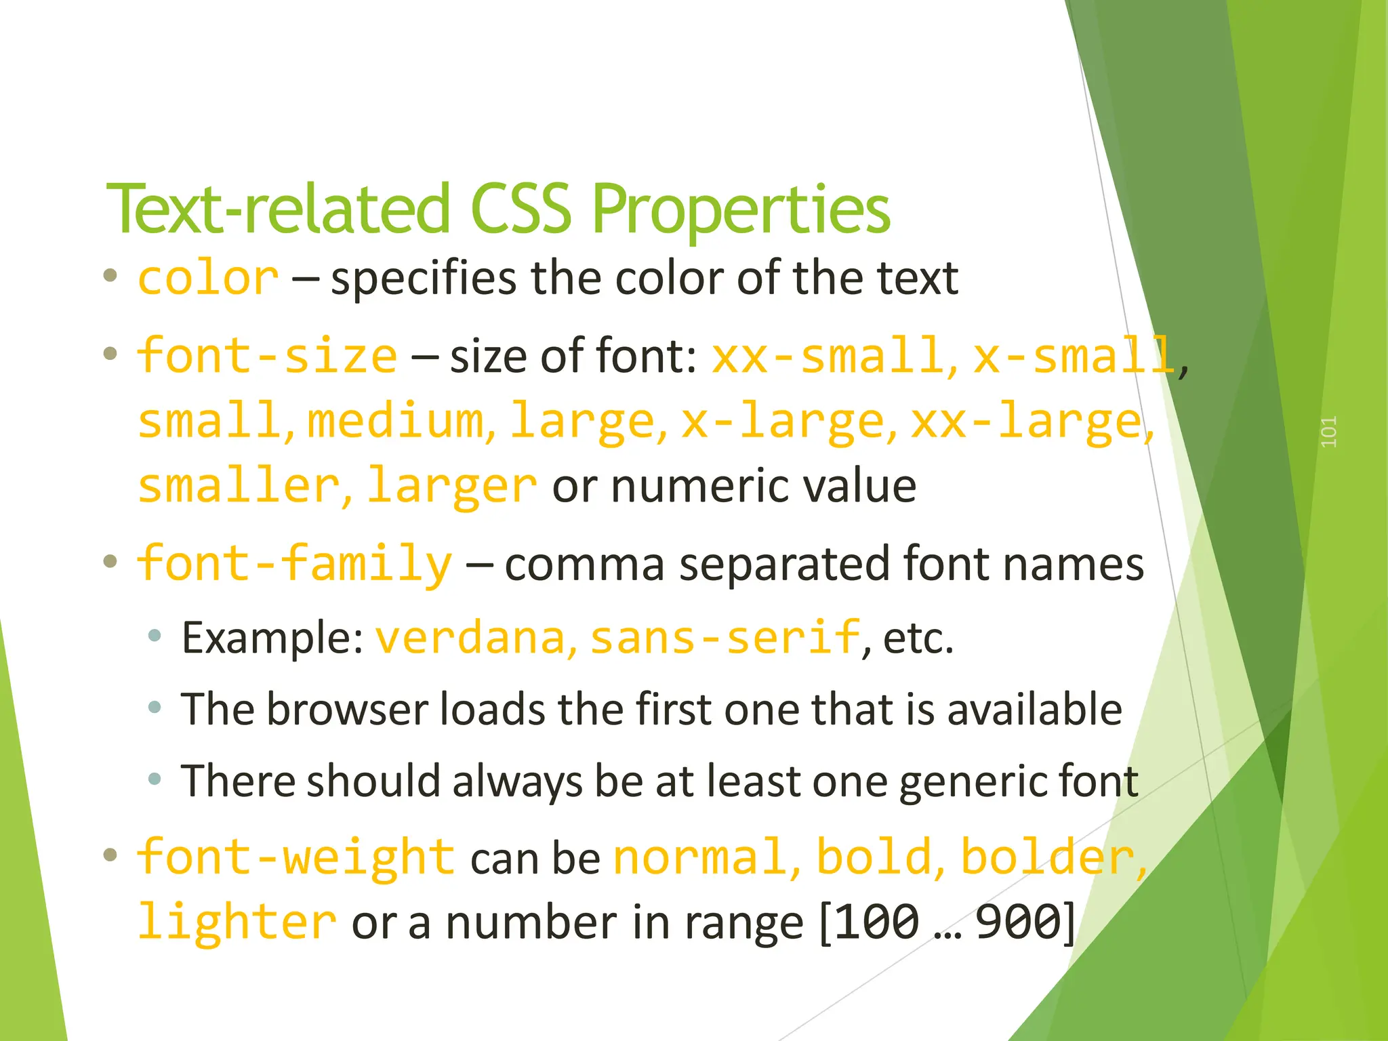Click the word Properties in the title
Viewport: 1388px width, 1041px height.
click(741, 210)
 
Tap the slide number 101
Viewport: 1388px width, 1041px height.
click(1328, 432)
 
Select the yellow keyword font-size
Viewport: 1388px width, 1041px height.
click(267, 356)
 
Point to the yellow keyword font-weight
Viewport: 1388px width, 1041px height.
click(296, 857)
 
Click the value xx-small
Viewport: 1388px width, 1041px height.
click(827, 356)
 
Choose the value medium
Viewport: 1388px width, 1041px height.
click(396, 421)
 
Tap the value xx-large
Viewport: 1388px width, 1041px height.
click(1027, 421)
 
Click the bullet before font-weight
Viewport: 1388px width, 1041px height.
click(110, 855)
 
